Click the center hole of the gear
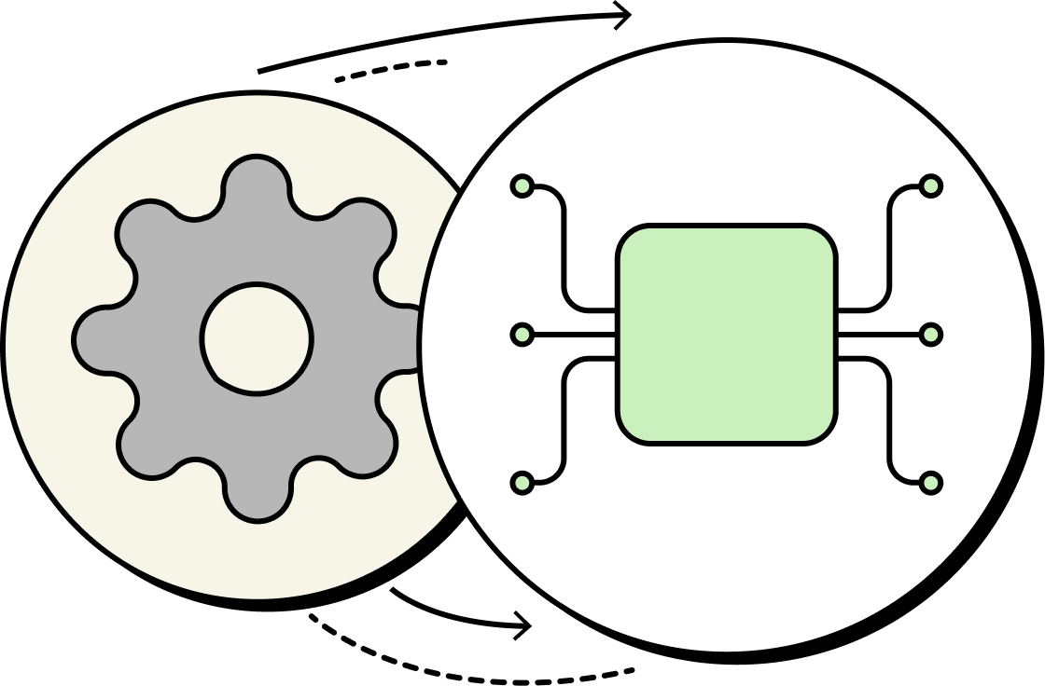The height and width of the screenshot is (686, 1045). pos(257,338)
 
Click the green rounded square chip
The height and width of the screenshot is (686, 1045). pos(726,334)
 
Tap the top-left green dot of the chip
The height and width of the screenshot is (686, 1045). pos(522,185)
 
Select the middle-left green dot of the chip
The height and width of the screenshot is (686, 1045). pos(522,334)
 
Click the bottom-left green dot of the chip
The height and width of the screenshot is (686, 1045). pos(522,482)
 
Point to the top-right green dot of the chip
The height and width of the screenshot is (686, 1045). pos(930,185)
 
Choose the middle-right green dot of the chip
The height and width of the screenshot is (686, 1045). pos(930,334)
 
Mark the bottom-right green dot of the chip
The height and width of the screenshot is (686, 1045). pos(930,482)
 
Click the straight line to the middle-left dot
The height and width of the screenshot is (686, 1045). pos(574,334)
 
